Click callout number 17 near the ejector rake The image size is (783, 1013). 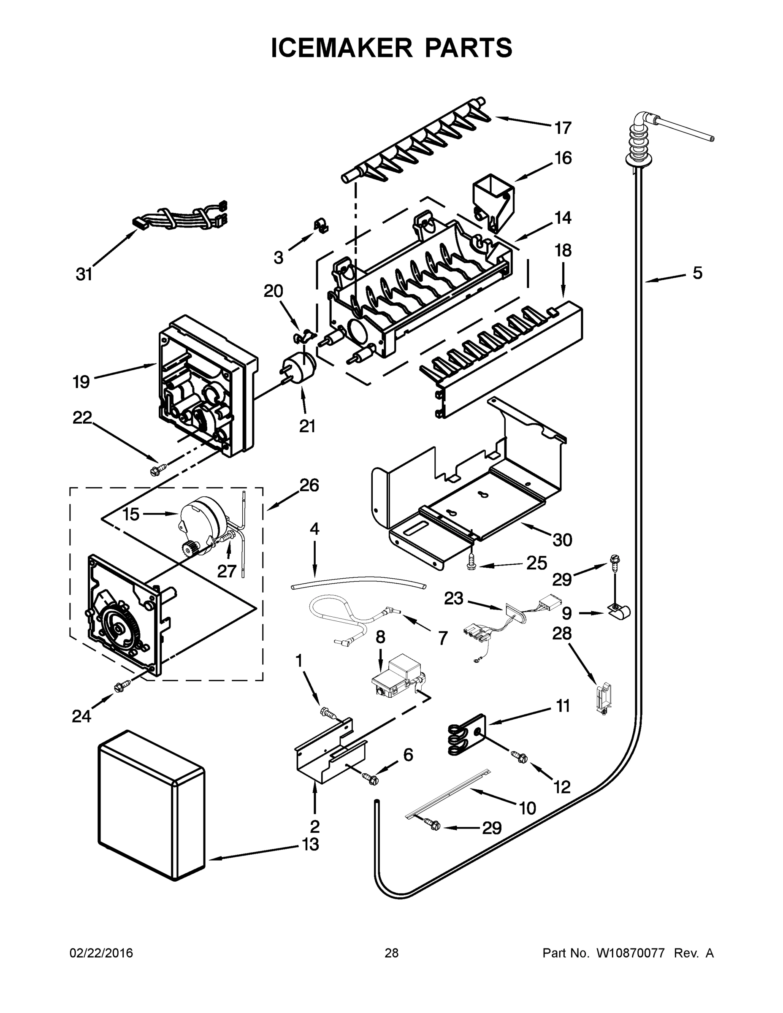coord(563,127)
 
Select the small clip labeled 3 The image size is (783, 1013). coord(320,225)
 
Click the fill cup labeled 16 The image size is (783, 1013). coord(493,200)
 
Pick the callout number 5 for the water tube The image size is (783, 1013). coord(697,273)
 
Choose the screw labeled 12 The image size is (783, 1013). coord(520,756)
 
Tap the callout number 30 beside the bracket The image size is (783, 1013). coord(562,540)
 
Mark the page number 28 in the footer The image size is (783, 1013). coord(392,953)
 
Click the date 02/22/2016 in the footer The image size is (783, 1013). coord(101,953)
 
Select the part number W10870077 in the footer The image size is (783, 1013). coord(630,953)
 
